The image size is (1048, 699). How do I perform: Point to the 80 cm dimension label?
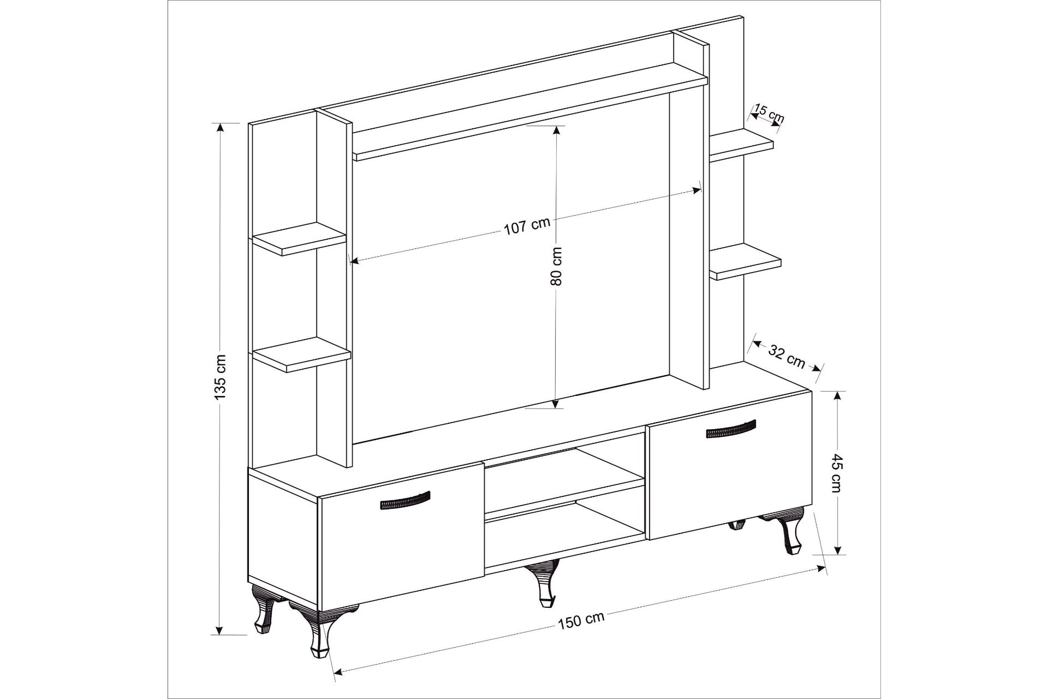pos(556,266)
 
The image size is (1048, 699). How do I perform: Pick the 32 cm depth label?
pos(787,356)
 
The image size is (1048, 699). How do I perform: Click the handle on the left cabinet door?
pos(404,500)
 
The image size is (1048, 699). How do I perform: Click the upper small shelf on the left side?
pos(299,239)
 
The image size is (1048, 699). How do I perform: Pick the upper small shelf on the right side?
pos(741,145)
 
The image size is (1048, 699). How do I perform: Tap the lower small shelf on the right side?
pos(746,262)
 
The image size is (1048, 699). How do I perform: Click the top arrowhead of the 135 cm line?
pos(220,128)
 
